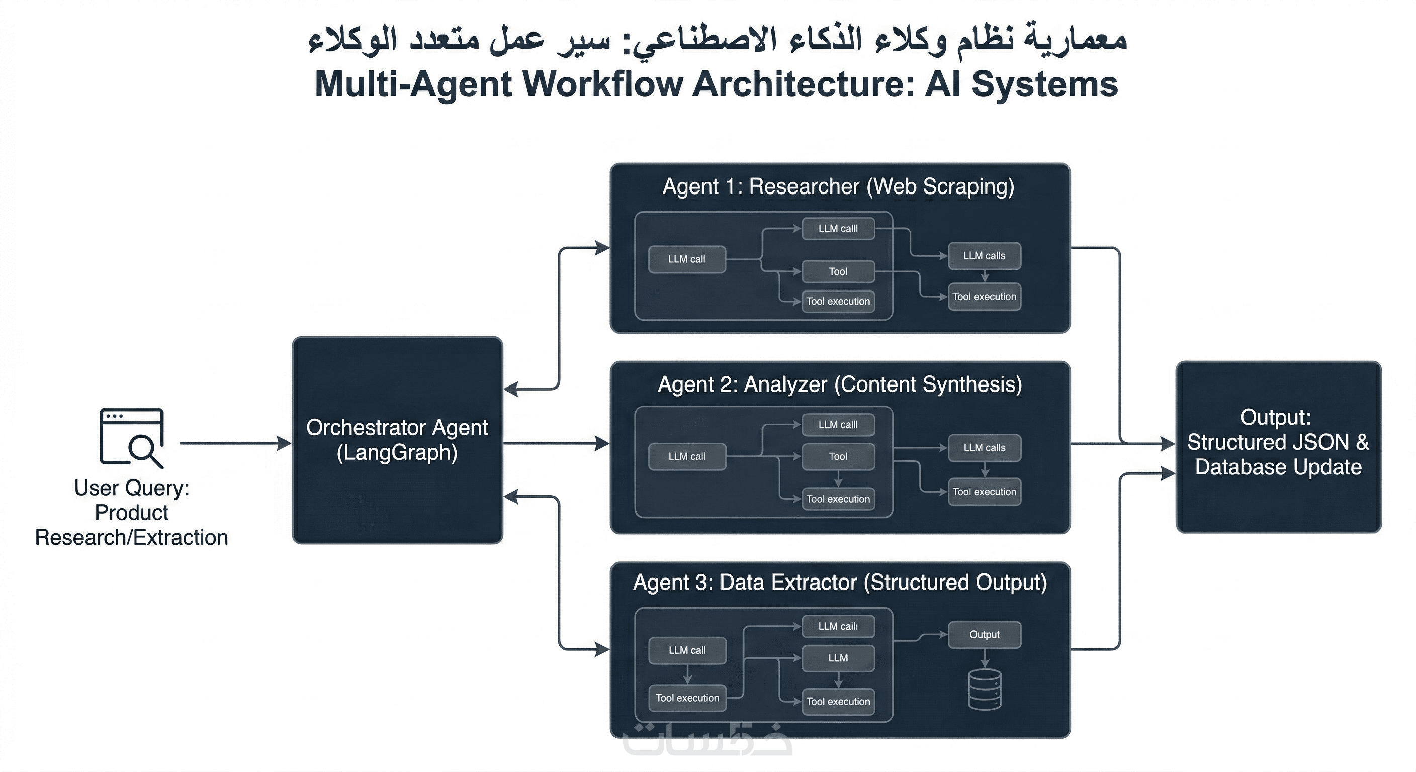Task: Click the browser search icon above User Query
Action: point(131,437)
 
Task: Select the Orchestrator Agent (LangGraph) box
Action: point(397,440)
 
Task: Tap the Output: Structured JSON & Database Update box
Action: point(1278,446)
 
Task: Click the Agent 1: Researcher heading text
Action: point(838,187)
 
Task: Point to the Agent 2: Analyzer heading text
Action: point(839,384)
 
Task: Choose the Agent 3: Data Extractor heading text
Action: point(839,583)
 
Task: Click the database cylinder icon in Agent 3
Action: point(984,690)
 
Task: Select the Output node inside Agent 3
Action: point(984,635)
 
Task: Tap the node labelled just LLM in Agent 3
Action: point(838,658)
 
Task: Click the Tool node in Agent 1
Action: point(838,271)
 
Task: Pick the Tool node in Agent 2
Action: point(838,456)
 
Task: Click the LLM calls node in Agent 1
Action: point(984,256)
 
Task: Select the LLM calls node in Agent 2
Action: point(984,448)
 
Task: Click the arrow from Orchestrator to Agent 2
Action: point(555,443)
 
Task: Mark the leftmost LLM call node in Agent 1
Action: point(686,259)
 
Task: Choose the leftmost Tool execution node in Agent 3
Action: point(687,698)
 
